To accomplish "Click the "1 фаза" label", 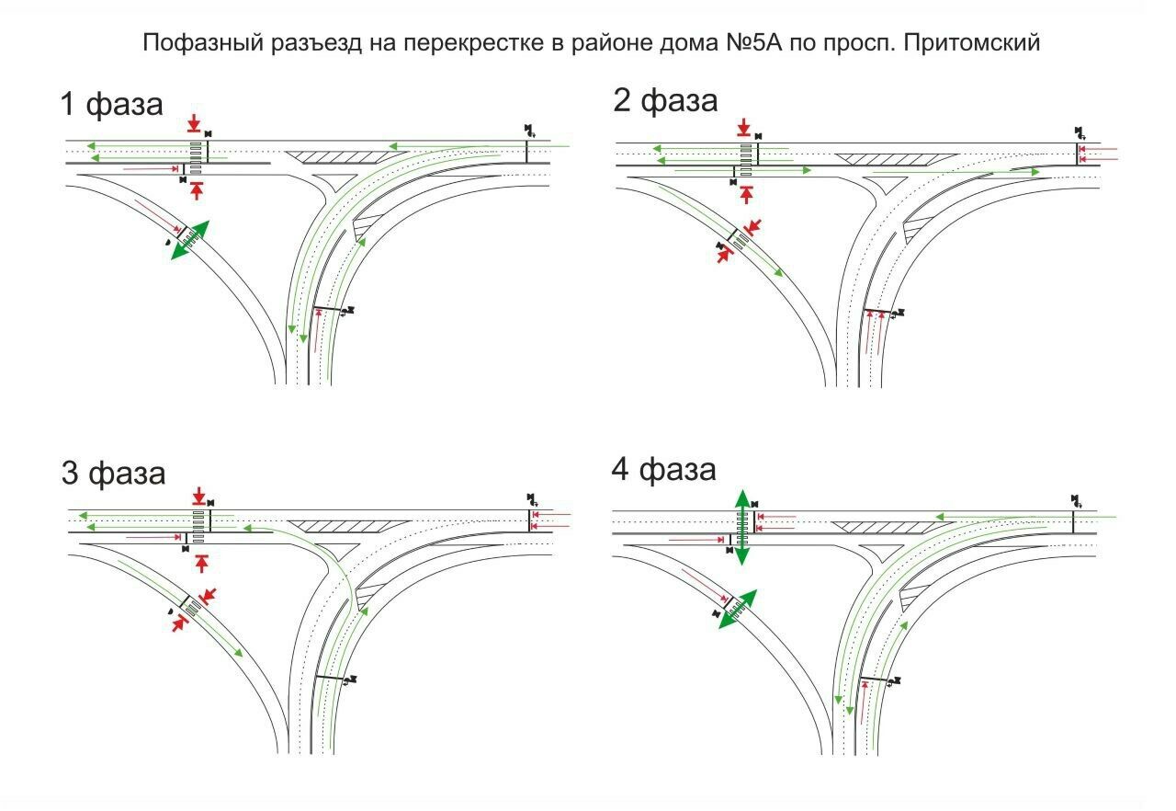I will (111, 103).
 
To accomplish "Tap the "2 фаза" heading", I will (665, 99).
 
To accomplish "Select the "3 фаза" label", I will (113, 474).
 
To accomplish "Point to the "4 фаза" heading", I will (663, 470).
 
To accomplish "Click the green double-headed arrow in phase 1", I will (190, 241).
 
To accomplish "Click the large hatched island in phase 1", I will (341, 156).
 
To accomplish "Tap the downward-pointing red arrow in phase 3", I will (199, 497).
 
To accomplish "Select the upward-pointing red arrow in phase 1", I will (197, 190).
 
